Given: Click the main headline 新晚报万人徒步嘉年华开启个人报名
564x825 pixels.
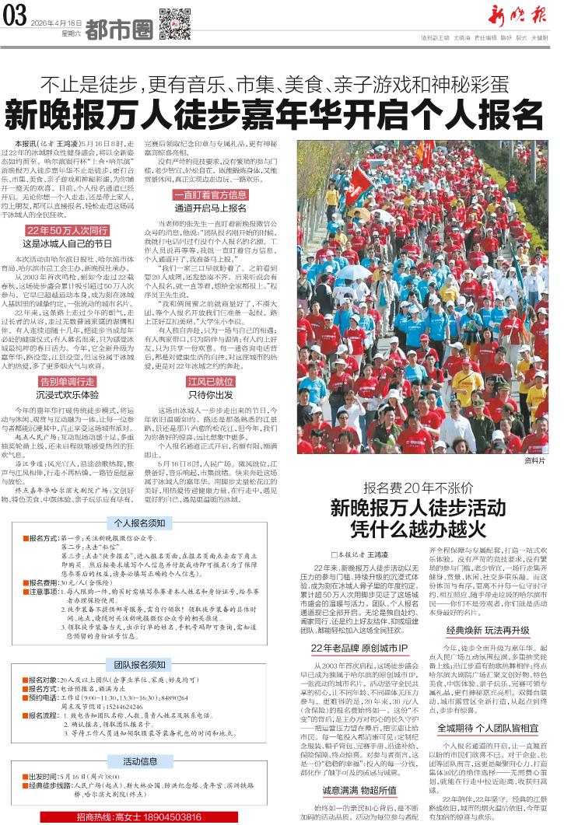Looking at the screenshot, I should [275, 114].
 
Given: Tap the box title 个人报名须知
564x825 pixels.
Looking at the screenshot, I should [141, 523].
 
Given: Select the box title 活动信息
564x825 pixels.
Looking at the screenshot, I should [141, 760].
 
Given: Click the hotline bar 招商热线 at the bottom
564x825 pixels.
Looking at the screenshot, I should [141, 817].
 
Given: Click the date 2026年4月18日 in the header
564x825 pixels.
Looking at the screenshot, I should [56, 24].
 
